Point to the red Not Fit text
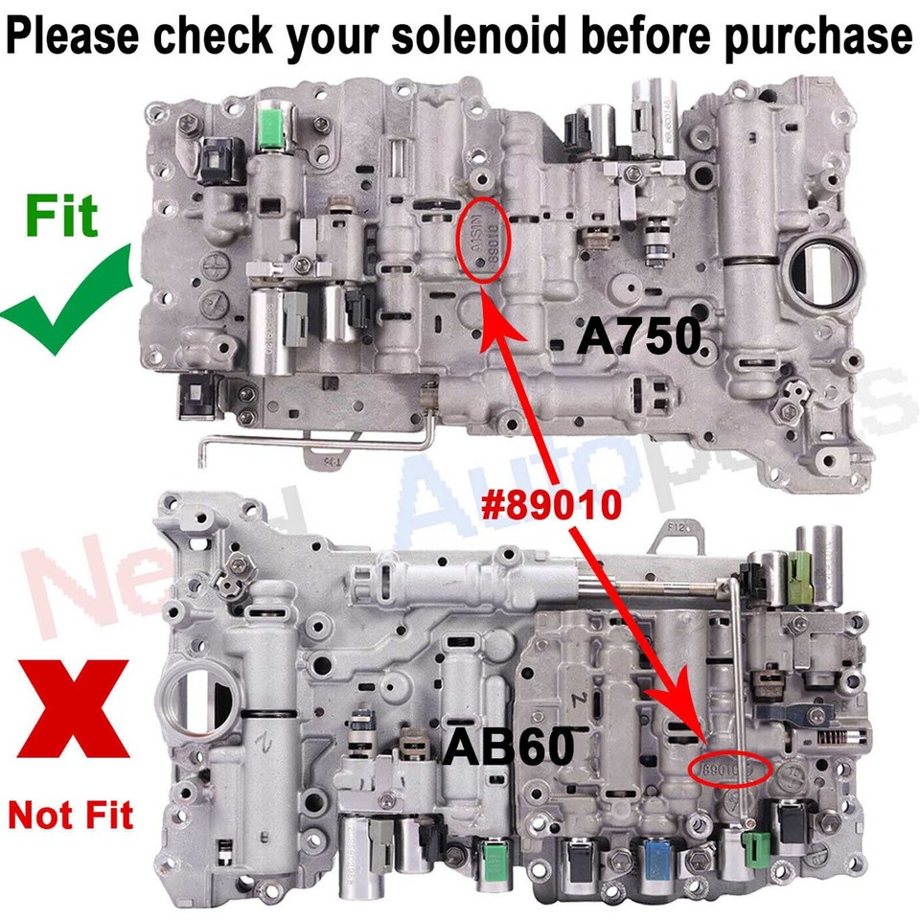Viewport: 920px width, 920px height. (x=71, y=815)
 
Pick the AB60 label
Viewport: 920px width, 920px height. (x=507, y=747)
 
